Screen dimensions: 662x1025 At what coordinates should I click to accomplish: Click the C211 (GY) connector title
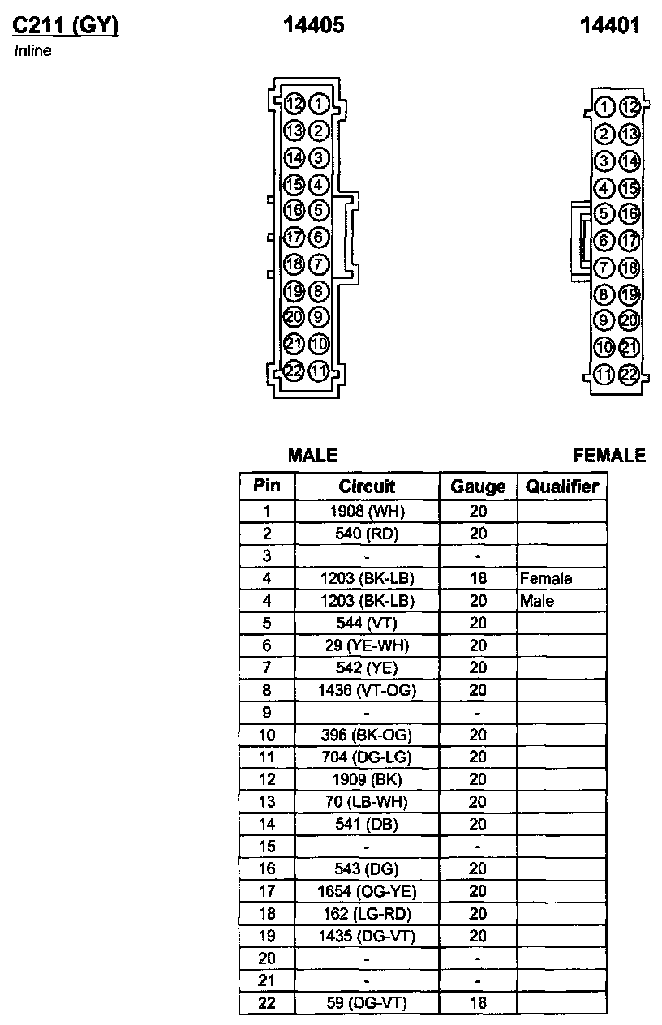point(65,27)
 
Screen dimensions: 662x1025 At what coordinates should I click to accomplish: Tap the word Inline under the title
point(33,51)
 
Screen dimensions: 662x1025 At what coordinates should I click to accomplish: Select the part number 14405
point(314,26)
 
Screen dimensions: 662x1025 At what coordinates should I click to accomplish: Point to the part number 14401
point(610,26)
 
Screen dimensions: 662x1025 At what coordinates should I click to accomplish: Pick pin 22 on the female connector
point(629,374)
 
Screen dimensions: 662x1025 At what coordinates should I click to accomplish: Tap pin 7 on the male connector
point(319,264)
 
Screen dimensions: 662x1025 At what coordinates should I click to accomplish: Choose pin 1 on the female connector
point(603,107)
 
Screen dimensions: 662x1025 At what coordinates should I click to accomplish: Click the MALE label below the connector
point(312,456)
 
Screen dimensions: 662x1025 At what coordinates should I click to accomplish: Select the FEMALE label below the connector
point(609,456)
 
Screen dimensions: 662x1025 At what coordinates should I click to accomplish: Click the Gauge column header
point(478,487)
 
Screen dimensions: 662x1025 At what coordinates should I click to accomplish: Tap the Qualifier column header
point(562,487)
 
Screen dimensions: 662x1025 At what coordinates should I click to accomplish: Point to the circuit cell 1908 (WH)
point(367,512)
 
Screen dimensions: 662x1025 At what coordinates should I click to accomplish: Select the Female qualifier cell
point(546,579)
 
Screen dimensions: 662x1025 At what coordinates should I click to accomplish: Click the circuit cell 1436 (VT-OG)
point(367,691)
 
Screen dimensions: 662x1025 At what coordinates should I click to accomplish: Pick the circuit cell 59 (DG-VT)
point(367,1003)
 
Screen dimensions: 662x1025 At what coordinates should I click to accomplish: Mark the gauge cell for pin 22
point(478,1003)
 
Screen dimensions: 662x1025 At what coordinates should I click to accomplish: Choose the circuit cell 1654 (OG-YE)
point(367,892)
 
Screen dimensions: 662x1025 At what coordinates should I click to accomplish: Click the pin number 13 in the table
point(267,802)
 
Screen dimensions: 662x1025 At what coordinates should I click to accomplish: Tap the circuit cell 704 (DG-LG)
point(367,757)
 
